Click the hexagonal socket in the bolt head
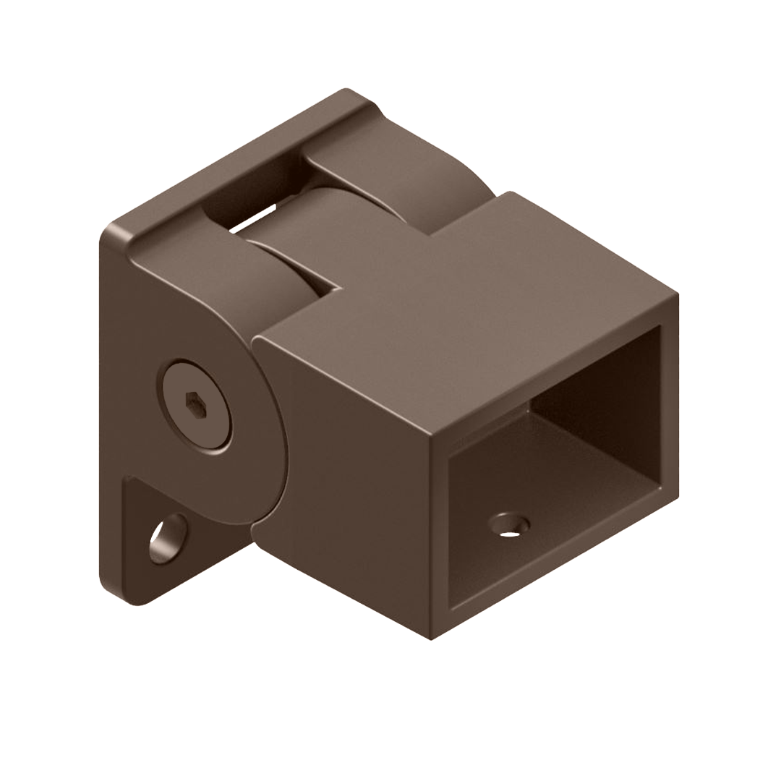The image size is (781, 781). (x=195, y=406)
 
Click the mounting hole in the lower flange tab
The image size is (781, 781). (x=168, y=538)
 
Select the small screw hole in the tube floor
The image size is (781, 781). (x=509, y=525)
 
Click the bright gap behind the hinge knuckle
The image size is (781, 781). (x=253, y=218)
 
